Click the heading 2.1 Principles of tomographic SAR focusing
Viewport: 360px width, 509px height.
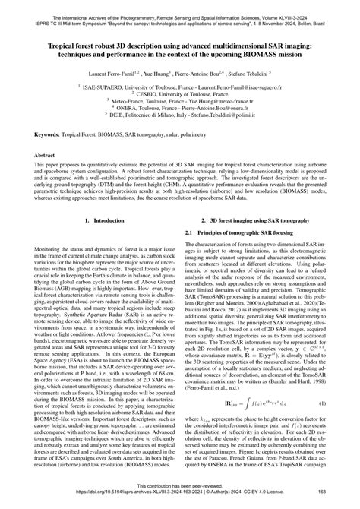click(238, 232)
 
